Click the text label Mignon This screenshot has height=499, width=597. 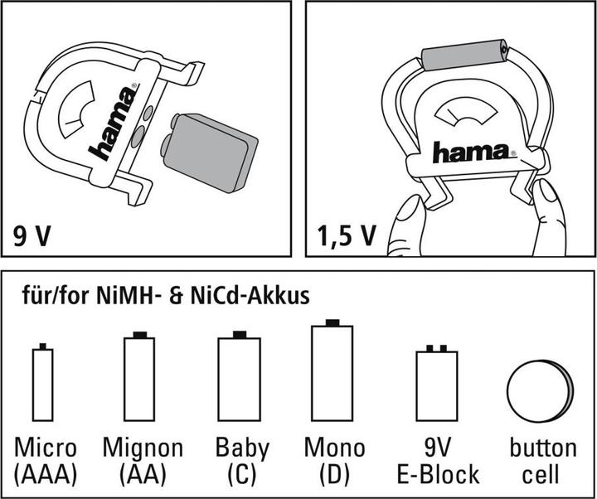[143, 448]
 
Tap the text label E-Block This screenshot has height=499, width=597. [438, 474]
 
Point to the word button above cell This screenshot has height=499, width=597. [543, 448]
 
